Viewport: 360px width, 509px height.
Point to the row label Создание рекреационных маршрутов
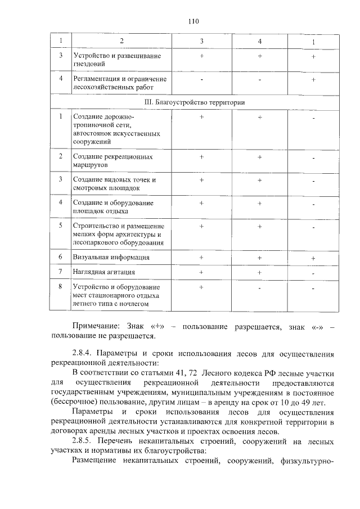pyautogui.click(x=112, y=160)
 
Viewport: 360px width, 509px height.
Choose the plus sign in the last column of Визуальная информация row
pyautogui.click(x=313, y=258)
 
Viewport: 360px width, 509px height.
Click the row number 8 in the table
pyautogui.click(x=60, y=287)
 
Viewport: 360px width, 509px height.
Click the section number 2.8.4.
pyautogui.click(x=83, y=354)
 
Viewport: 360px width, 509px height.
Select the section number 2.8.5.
pyautogui.click(x=83, y=443)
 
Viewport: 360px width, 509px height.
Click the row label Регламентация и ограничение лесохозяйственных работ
pyautogui.click(x=120, y=83)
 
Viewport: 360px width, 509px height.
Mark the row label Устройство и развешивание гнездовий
pyautogui.click(x=117, y=60)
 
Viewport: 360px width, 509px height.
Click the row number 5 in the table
pyautogui.click(x=60, y=226)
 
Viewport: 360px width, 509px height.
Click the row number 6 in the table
pyautogui.click(x=60, y=257)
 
